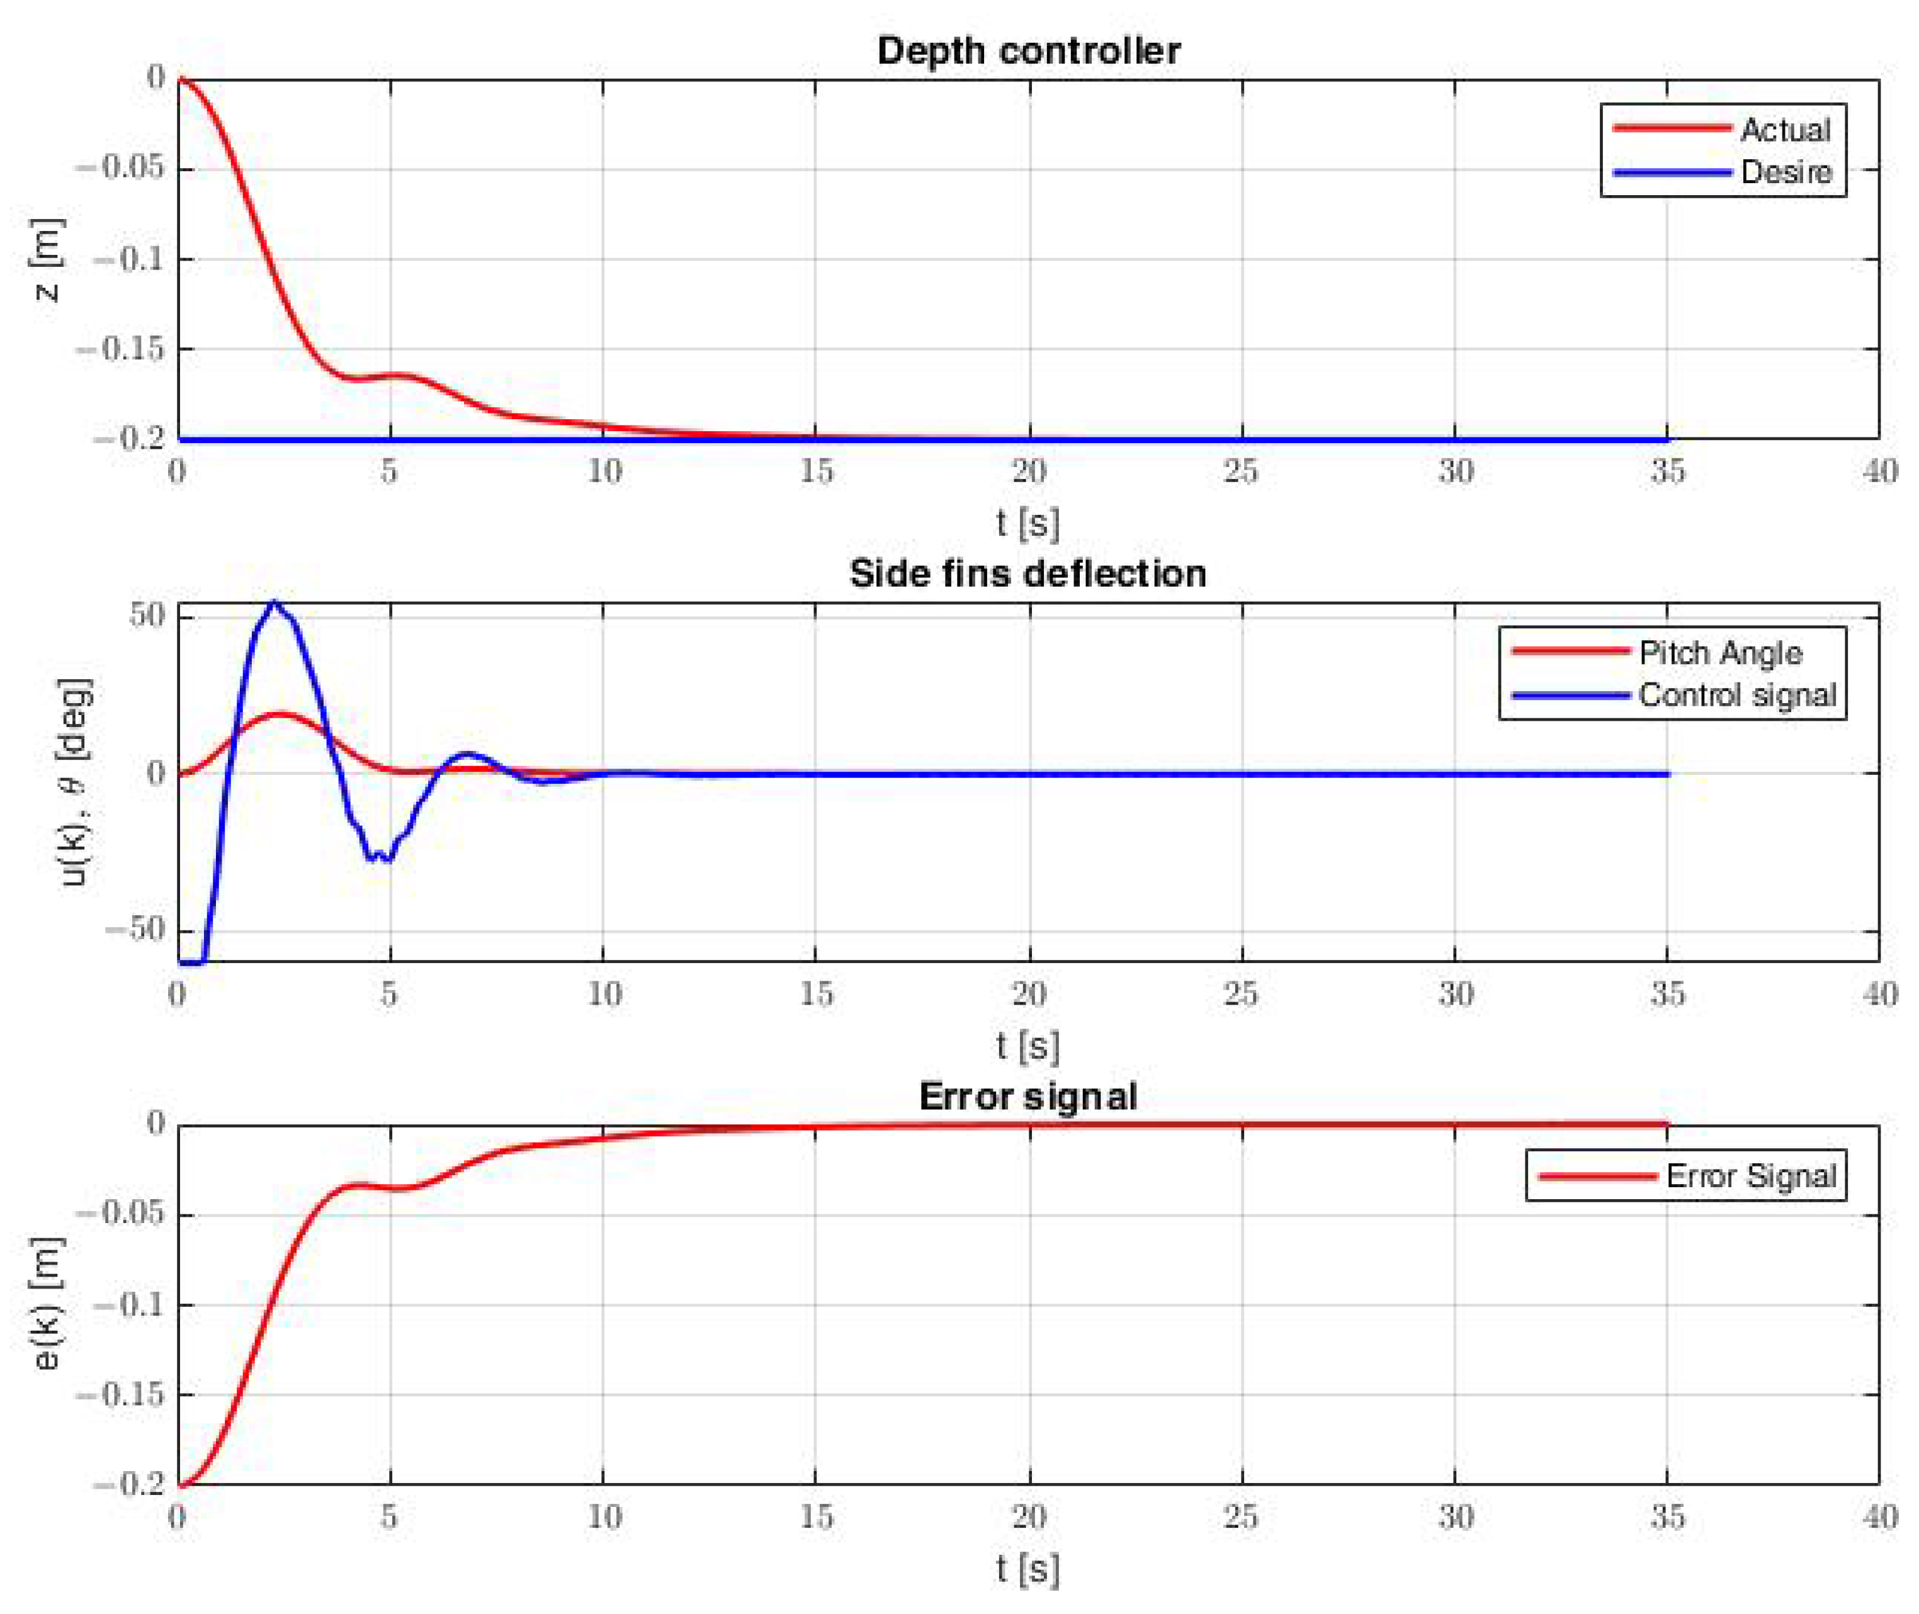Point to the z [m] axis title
coord(48,260)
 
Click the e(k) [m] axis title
coord(48,1303)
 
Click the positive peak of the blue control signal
coord(273,602)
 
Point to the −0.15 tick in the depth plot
coord(123,349)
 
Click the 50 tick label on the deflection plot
coord(147,616)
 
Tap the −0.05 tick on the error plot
coord(123,1214)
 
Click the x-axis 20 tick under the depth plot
coord(1029,472)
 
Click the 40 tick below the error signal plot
coord(1879,1518)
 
